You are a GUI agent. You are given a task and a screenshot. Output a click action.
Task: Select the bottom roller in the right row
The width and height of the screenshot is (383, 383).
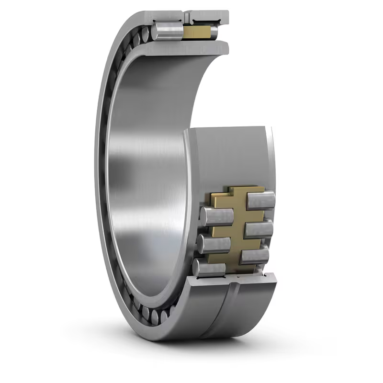[x=254, y=256]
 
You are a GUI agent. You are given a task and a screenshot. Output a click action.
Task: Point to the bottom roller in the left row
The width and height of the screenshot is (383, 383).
[x=209, y=268]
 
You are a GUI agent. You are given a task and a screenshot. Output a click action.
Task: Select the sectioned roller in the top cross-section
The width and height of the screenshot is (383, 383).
[x=168, y=32]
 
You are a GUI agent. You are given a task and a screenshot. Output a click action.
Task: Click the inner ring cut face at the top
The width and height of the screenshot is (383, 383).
[x=191, y=47]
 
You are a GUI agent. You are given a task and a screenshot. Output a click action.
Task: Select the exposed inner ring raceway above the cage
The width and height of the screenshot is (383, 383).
[x=230, y=153]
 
